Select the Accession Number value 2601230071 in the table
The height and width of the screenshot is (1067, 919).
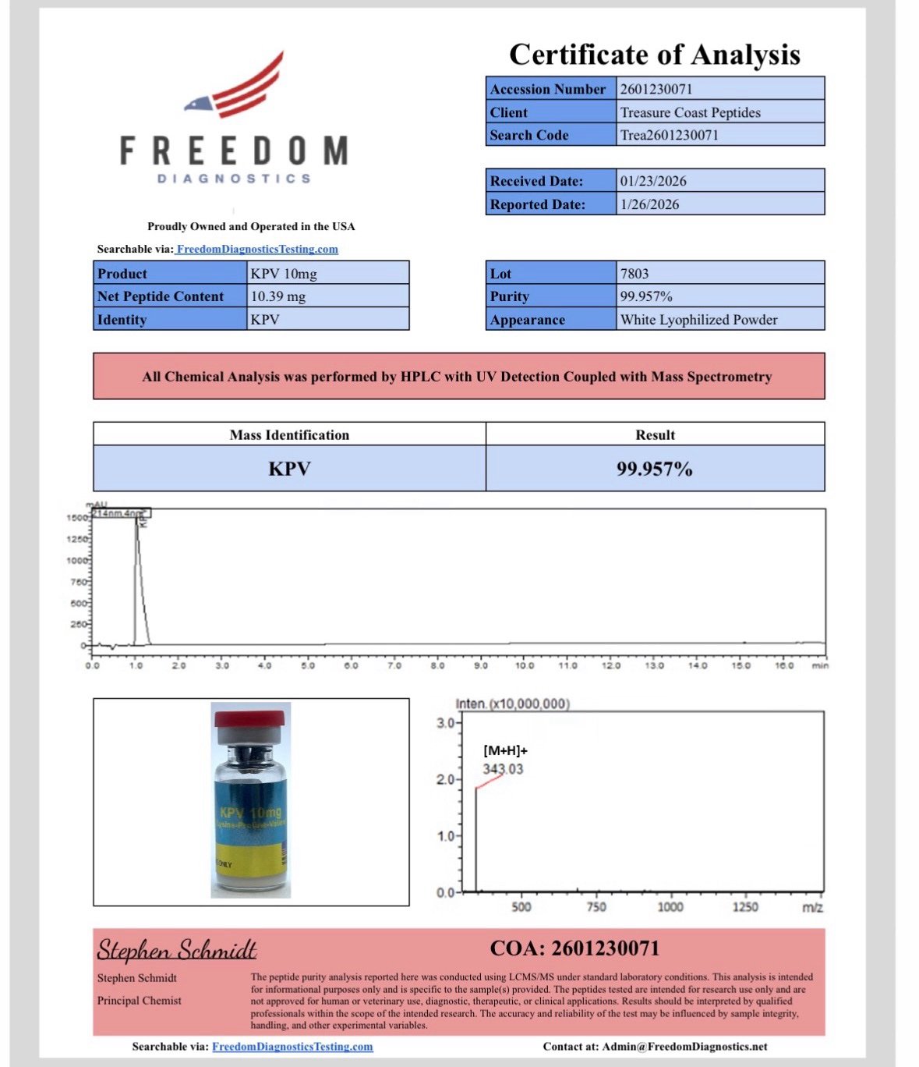[x=656, y=89]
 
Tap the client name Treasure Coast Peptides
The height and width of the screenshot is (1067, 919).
[x=690, y=112]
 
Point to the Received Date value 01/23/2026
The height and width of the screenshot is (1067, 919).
[x=653, y=181]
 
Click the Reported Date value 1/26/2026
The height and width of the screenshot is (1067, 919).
[x=649, y=204]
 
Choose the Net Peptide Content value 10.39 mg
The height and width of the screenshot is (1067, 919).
[x=278, y=296]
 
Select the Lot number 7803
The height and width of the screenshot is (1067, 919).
[x=634, y=274]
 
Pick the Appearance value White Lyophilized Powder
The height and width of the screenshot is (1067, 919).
[x=698, y=320]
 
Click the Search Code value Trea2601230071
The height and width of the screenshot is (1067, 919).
[x=669, y=135]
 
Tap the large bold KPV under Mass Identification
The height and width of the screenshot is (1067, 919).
[x=289, y=469]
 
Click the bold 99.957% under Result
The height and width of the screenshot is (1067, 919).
[x=655, y=469]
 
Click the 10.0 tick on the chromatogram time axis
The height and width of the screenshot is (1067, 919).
[x=524, y=665]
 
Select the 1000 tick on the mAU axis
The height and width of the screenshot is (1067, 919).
[x=78, y=560]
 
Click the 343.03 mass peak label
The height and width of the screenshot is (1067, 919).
[x=503, y=769]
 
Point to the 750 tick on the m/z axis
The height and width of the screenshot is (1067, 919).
[x=596, y=907]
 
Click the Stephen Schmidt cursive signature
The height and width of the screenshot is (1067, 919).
[x=177, y=950]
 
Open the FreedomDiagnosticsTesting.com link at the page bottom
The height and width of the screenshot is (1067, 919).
[x=292, y=1047]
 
